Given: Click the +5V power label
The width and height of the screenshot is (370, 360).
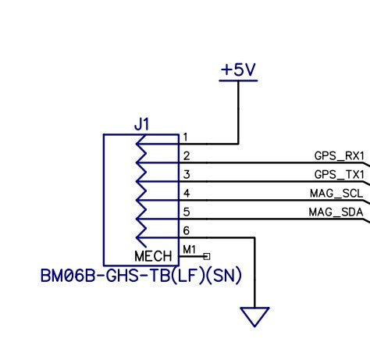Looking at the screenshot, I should coord(238,70).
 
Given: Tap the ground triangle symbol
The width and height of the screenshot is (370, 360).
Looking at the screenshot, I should coord(255,316).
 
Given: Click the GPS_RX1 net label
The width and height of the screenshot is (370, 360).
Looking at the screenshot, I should coord(339,155).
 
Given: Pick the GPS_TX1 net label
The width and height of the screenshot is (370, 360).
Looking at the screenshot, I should coord(339,174).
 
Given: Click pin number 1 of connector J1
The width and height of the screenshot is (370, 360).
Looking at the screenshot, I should coord(186,137).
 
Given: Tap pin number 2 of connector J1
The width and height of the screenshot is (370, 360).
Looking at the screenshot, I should coord(187,155).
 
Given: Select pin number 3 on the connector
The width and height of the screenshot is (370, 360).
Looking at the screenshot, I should coord(187,174).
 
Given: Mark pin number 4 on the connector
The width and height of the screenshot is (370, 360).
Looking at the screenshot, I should coord(187,193).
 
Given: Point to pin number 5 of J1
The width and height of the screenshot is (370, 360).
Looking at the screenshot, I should coord(187,212).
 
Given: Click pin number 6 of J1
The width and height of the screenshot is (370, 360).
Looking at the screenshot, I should coord(187,230).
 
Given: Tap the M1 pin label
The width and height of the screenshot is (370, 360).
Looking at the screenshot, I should coord(189,249).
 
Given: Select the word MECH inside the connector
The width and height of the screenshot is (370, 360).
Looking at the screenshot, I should coord(153,256).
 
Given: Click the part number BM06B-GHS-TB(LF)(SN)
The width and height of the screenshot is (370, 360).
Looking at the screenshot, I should coord(141,276).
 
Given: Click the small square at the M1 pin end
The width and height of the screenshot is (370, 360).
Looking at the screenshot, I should coord(207,255).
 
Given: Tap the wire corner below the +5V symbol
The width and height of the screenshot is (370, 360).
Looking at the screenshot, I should coord(238,144).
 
